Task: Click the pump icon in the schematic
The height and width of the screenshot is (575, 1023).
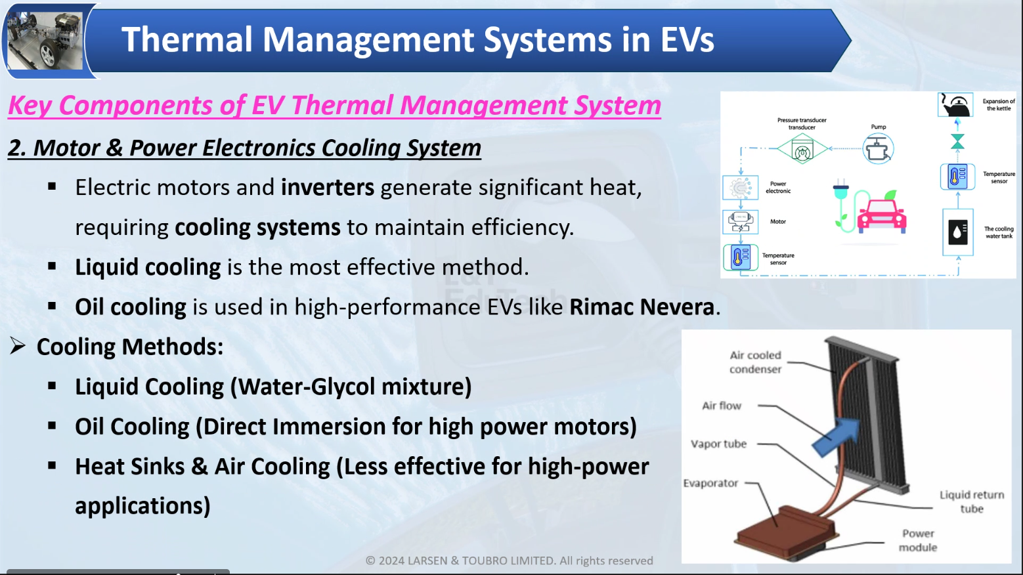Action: pos(878,149)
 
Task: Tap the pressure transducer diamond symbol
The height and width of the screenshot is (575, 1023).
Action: pos(802,149)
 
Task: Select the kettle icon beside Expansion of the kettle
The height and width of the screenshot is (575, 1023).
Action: pos(955,104)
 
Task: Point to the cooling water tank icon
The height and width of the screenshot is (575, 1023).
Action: pos(958,232)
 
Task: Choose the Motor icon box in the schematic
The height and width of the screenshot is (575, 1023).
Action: pos(740,222)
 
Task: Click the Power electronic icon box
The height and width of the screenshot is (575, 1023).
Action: pos(740,187)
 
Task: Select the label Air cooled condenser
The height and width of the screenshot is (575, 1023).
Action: pos(755,362)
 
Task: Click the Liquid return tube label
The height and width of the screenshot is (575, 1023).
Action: pos(972,501)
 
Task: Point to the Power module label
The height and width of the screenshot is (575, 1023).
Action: pos(918,540)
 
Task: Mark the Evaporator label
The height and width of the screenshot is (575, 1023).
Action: pos(710,483)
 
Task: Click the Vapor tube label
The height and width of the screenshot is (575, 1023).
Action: pos(718,444)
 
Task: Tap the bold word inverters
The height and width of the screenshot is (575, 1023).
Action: pos(328,187)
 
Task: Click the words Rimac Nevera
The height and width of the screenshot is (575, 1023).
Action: pos(642,307)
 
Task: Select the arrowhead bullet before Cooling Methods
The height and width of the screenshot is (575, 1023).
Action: pos(18,346)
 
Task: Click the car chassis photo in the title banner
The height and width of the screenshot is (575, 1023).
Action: pos(45,41)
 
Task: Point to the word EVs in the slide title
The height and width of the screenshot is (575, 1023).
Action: pos(687,39)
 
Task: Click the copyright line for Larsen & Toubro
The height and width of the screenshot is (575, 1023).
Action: pos(510,561)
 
